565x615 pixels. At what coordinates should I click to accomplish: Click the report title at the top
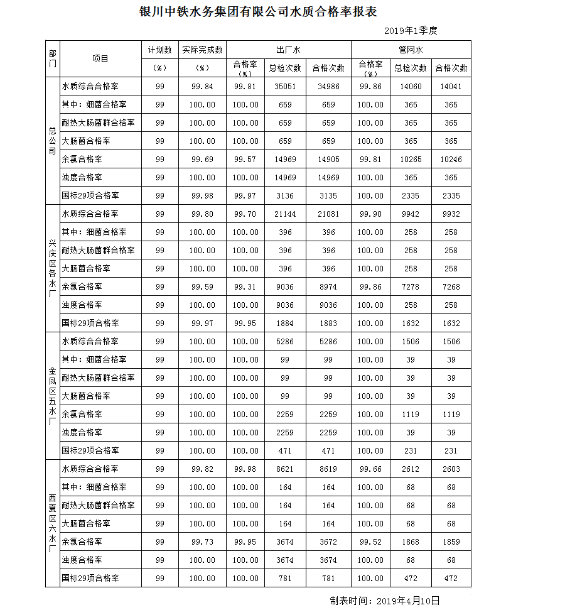click(x=257, y=12)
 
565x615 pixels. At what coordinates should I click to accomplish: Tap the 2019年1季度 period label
click(x=411, y=30)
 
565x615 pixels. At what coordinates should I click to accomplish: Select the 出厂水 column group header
click(x=288, y=49)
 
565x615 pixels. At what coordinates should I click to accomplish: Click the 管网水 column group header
click(x=411, y=49)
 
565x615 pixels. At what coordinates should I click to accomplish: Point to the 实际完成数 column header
click(x=202, y=49)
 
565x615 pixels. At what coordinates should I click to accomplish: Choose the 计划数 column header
click(x=159, y=49)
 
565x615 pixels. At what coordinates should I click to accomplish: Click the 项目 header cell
click(x=100, y=58)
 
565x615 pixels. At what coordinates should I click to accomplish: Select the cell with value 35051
click(x=285, y=87)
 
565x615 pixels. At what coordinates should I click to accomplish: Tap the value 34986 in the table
click(x=328, y=87)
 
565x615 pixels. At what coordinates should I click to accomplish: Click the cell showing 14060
click(x=411, y=87)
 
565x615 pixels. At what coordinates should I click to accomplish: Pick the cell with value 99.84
click(x=202, y=87)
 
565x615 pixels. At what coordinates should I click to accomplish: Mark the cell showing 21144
click(x=285, y=214)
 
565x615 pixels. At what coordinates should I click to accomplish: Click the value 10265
click(x=411, y=160)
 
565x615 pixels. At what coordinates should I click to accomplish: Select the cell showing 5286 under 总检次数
click(x=285, y=342)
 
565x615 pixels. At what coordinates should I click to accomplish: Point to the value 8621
click(x=285, y=469)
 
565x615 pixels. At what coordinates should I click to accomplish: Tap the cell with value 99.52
click(x=370, y=542)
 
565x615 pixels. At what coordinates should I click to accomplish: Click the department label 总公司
click(x=52, y=141)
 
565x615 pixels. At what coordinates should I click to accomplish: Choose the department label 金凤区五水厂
click(x=52, y=396)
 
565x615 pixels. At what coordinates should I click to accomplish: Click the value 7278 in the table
click(x=411, y=287)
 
